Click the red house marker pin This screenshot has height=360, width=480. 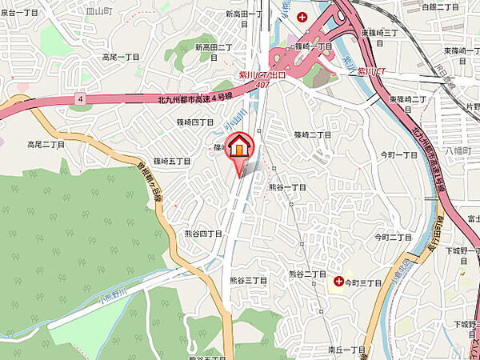(x=240, y=148)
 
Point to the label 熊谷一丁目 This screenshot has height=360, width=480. (x=288, y=186)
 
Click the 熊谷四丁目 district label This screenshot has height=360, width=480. (x=202, y=234)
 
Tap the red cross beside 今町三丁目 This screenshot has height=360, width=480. (x=339, y=282)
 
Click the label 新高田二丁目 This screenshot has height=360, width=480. (x=214, y=48)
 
